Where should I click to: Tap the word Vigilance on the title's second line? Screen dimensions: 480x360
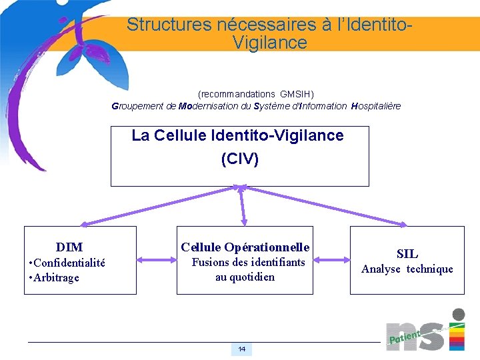270,43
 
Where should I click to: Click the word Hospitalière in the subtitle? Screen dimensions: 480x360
376,106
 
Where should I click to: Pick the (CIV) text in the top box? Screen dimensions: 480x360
239,160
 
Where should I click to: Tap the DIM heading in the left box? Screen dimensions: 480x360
69,247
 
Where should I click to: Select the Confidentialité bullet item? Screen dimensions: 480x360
68,263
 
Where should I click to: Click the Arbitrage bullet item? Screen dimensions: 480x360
54,277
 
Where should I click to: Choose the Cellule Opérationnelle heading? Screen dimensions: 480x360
245,247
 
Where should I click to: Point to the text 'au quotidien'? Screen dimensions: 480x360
245,277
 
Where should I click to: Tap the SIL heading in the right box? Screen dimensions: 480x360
407,253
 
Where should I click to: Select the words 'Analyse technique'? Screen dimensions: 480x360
407,269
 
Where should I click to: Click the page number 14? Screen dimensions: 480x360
241,349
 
